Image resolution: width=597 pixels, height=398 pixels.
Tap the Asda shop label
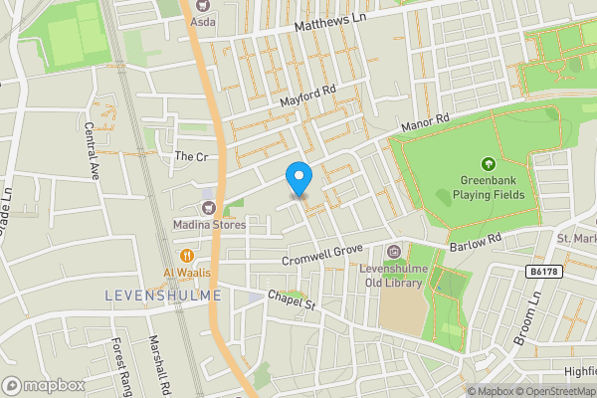203,20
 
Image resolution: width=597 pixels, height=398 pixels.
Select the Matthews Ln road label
324,34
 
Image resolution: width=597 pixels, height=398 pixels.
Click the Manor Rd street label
427,123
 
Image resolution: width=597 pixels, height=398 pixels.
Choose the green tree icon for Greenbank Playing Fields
488,164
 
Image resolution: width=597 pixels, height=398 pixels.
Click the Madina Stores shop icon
209,207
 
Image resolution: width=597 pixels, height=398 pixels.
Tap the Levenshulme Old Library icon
394,253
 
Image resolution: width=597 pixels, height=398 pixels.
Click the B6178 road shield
540,272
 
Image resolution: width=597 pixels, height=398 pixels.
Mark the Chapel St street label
291,299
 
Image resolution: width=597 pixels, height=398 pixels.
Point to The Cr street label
190,157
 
